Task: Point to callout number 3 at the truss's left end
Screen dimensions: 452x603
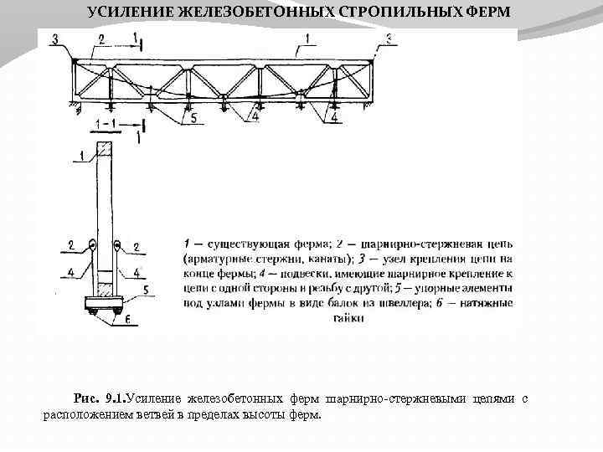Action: tap(54, 39)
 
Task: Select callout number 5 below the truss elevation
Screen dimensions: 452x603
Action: tap(193, 119)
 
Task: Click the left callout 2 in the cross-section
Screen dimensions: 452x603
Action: tap(72, 245)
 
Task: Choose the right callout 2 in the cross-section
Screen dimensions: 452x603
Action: tap(137, 247)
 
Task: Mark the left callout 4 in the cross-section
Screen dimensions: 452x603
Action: tap(71, 271)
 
